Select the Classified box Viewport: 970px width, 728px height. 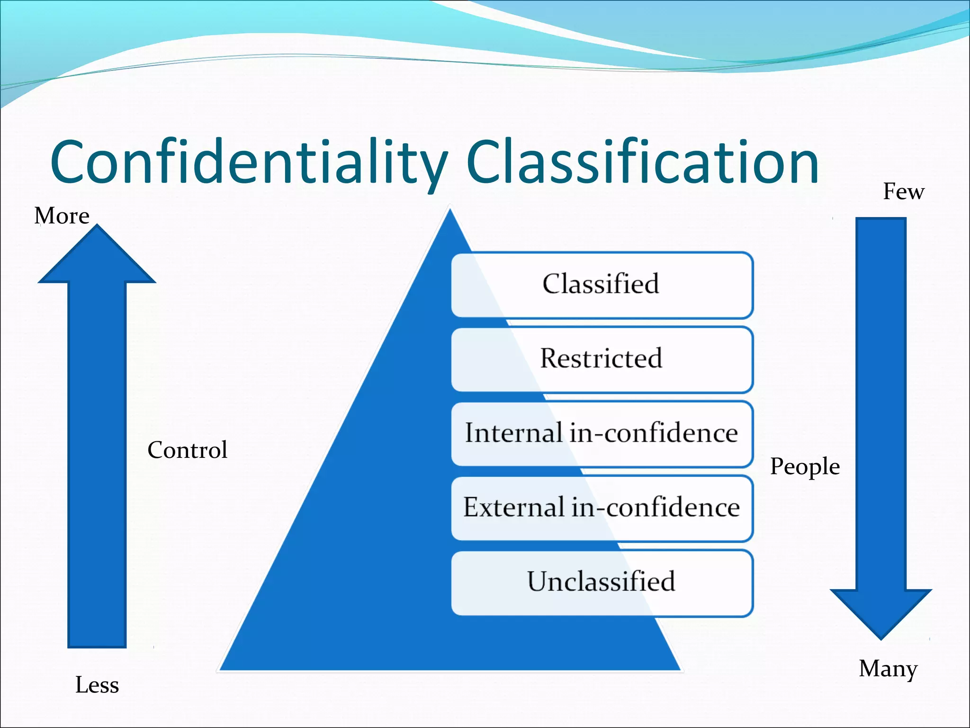point(602,285)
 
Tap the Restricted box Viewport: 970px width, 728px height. point(602,359)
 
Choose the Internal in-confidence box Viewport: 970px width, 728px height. point(602,434)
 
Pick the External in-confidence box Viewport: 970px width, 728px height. point(602,508)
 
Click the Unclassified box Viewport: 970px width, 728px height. point(602,582)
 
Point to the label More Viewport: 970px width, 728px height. point(62,216)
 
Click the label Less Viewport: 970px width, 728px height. point(97,685)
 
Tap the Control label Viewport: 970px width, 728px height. point(188,450)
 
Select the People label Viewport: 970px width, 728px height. point(805,467)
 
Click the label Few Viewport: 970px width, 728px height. point(903,192)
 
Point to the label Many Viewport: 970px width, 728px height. point(888,669)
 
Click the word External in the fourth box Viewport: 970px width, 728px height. point(514,507)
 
